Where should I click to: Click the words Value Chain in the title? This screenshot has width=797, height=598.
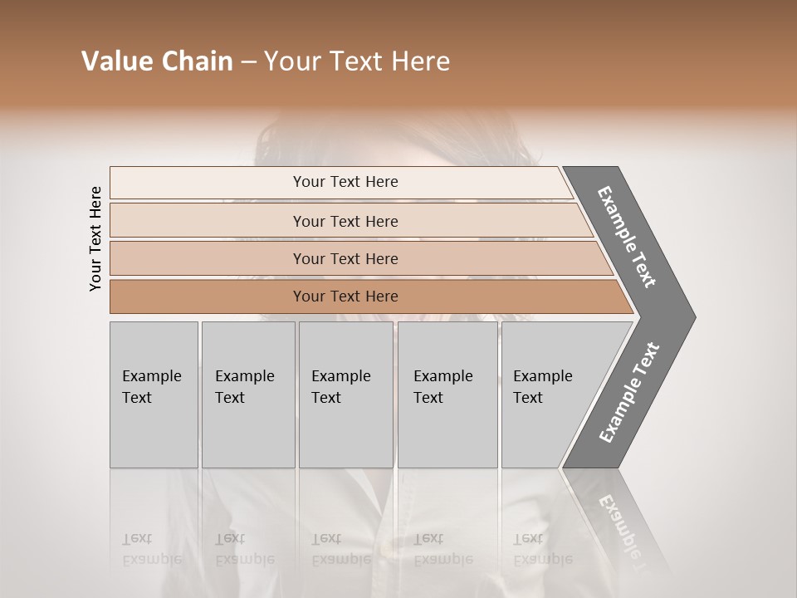[157, 61]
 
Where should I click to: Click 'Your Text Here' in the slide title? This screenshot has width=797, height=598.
[357, 61]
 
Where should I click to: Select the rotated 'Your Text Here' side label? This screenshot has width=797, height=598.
[95, 238]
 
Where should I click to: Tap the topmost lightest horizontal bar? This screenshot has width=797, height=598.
[208, 182]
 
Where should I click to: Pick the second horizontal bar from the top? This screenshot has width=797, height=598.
[208, 221]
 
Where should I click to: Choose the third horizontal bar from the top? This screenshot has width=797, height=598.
[208, 258]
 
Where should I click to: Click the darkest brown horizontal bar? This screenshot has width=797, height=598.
[208, 297]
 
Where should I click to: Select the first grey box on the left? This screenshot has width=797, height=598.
[154, 432]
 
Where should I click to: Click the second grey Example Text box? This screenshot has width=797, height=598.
[248, 432]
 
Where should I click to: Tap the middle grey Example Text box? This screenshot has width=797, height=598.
[345, 432]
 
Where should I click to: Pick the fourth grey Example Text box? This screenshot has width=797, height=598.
[447, 432]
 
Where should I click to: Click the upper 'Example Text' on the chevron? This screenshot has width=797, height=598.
[627, 237]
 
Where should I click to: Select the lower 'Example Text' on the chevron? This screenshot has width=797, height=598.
[628, 393]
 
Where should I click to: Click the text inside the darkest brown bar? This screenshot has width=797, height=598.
[345, 297]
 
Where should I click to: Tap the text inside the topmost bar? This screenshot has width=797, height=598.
[345, 182]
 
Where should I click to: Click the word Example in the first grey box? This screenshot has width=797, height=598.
[151, 376]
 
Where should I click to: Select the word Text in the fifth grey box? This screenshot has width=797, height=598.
[527, 398]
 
